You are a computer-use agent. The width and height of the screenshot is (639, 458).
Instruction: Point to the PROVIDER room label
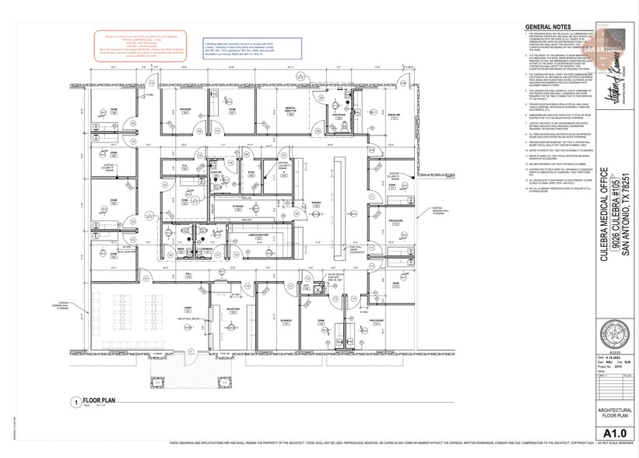185,109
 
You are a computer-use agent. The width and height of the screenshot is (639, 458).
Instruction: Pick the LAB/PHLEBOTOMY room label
258,233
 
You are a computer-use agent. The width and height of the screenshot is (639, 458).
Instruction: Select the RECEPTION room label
232,308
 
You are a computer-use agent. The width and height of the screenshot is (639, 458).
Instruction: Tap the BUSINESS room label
286,319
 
